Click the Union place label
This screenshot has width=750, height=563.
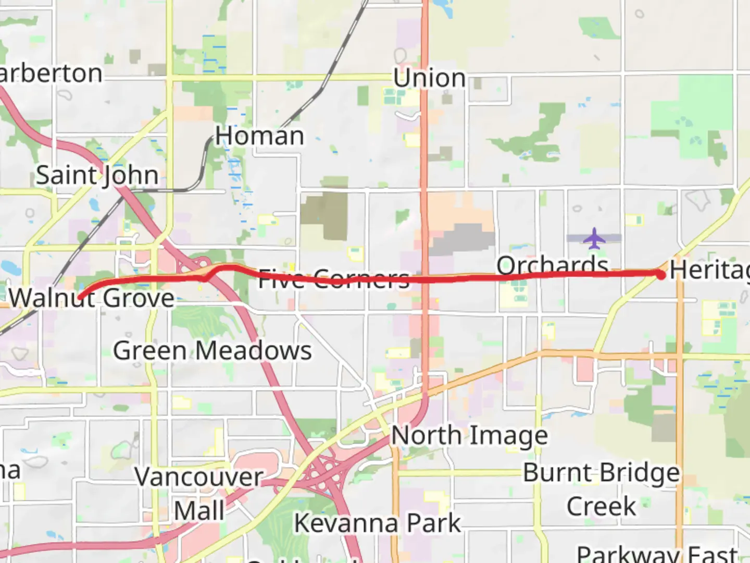coord(429,78)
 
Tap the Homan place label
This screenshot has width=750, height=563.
coord(259,136)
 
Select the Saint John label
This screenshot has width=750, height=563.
coord(97,175)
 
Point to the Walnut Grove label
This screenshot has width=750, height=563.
coord(92,299)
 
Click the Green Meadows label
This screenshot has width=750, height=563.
coord(213,350)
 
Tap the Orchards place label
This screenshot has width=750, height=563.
coord(552,265)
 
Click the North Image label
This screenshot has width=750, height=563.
coord(469,435)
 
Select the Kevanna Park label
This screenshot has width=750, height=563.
coord(378,523)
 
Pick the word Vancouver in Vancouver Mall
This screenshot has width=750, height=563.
coord(199,477)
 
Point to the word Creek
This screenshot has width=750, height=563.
coord(601,506)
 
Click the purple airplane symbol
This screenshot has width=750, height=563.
coord(594,238)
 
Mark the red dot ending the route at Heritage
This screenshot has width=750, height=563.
coord(661,275)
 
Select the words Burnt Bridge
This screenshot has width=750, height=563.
coord(601,473)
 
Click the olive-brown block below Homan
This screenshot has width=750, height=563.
coord(326,214)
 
